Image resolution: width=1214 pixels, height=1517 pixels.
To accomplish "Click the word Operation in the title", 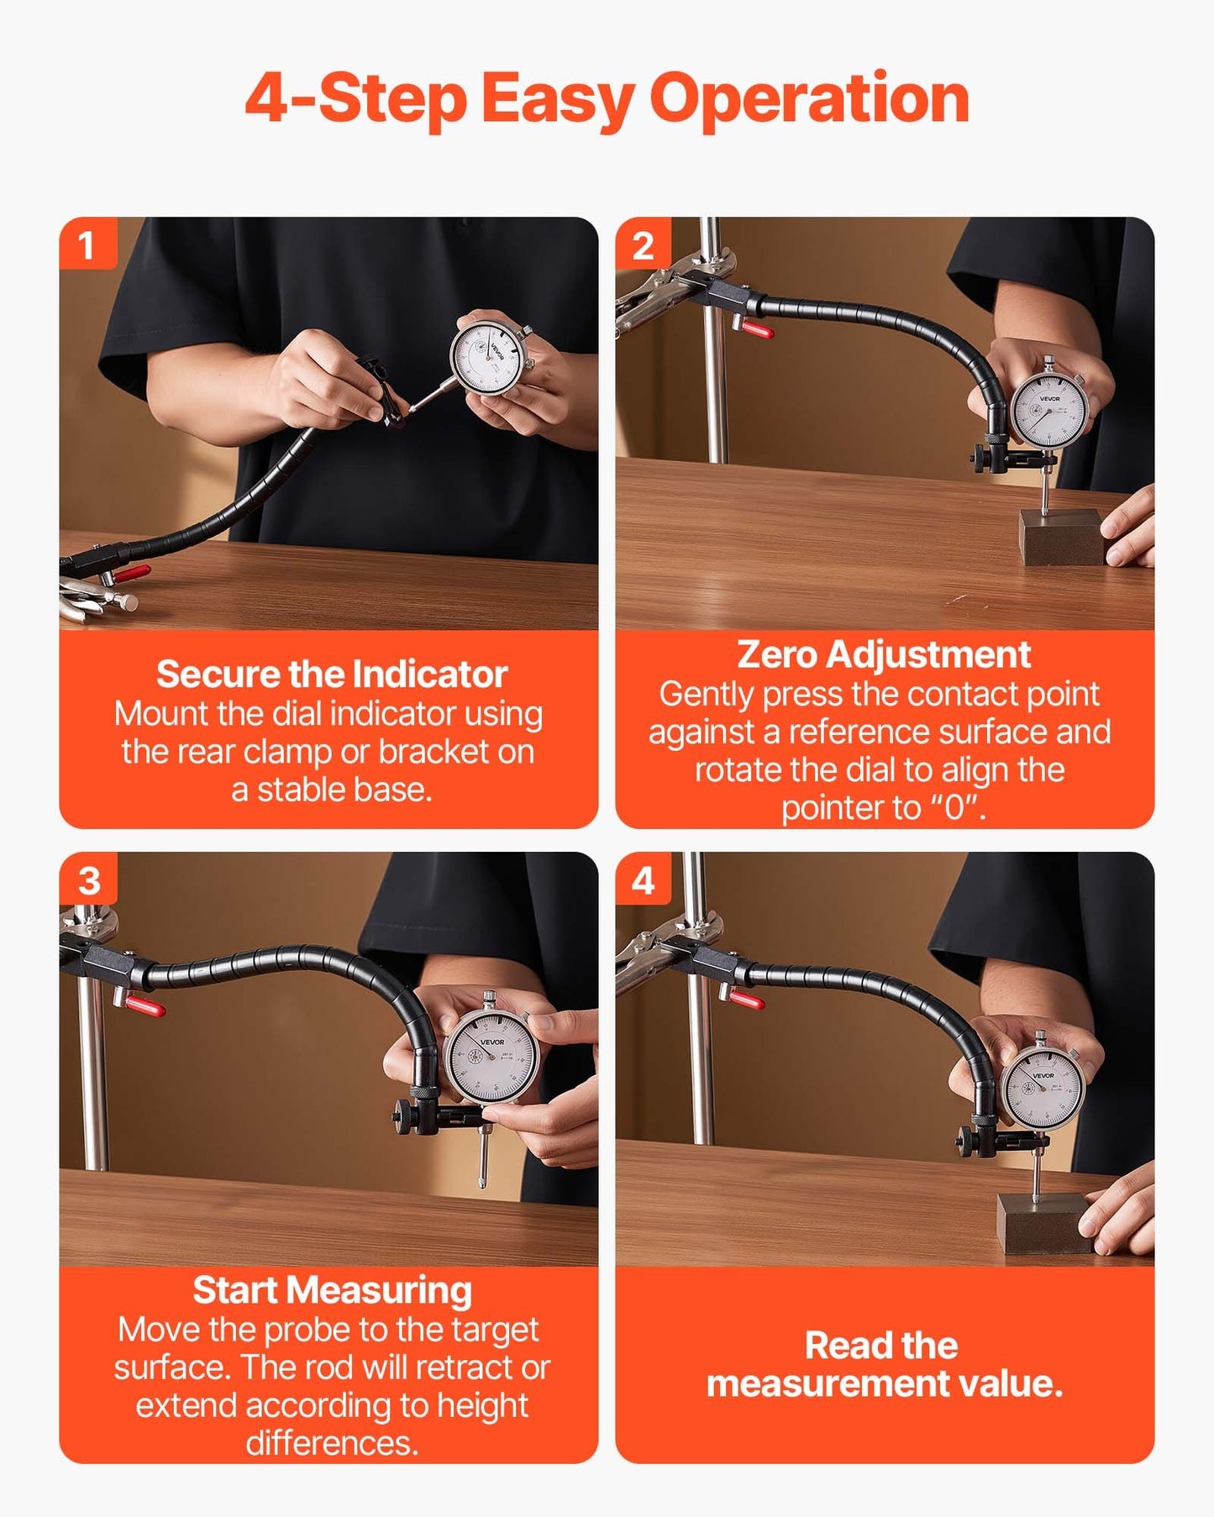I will coord(809,99).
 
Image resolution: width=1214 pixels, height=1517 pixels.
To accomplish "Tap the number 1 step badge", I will coord(86,245).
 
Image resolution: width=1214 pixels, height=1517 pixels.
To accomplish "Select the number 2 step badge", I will coord(643,245).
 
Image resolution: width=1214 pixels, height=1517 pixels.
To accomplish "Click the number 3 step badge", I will coord(88,881).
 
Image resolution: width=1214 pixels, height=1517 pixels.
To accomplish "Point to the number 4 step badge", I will coord(643,881).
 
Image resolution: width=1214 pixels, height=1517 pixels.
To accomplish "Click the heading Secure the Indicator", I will coord(332,675).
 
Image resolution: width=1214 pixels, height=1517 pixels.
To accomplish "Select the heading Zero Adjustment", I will coord(883,655).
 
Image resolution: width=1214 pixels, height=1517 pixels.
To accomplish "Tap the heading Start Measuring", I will coord(332,1291).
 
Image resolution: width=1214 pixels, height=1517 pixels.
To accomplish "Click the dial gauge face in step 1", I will coord(488,356).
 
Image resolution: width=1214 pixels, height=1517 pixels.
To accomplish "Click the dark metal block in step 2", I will coord(1061,538).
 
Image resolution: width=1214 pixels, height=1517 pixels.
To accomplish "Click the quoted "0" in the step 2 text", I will coord(955,808).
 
